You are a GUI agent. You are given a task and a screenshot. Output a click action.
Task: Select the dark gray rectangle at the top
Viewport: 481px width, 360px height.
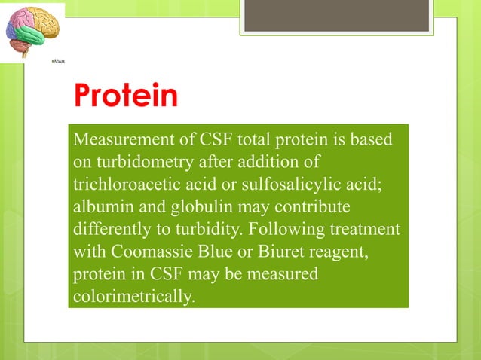coord(337,16)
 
